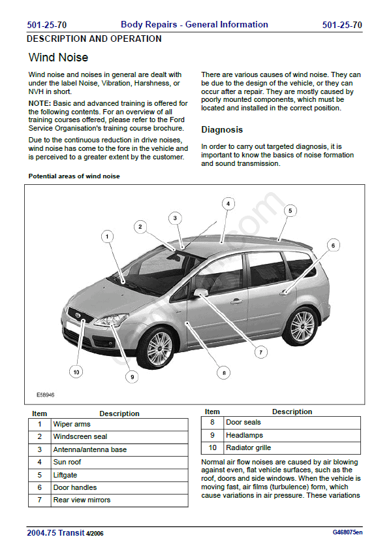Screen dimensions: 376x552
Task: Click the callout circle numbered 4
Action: [228, 203]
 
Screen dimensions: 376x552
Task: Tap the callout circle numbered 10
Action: [76, 372]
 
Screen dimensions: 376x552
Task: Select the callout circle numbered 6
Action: [333, 246]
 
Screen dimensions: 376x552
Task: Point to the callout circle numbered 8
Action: [224, 373]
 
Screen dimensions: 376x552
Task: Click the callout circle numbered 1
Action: [107, 236]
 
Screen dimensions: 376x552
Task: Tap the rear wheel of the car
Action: [302, 325]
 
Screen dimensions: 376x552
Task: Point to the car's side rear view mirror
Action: [200, 293]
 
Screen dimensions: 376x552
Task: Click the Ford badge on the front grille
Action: [78, 316]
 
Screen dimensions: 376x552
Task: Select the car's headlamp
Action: [111, 319]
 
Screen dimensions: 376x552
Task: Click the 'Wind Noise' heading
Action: [58, 57]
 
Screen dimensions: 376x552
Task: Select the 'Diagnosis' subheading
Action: [222, 129]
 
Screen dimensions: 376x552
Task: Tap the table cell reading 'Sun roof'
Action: [119, 462]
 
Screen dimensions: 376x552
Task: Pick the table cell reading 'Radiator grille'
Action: [292, 447]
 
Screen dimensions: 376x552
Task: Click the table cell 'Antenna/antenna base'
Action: [119, 449]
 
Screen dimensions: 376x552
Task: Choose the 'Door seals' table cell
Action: [292, 423]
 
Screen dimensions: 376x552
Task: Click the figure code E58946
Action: [46, 395]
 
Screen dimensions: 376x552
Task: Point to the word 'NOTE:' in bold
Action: [40, 103]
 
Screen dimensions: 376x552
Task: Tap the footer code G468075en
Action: [347, 532]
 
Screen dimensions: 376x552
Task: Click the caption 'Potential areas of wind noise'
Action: [74, 176]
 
